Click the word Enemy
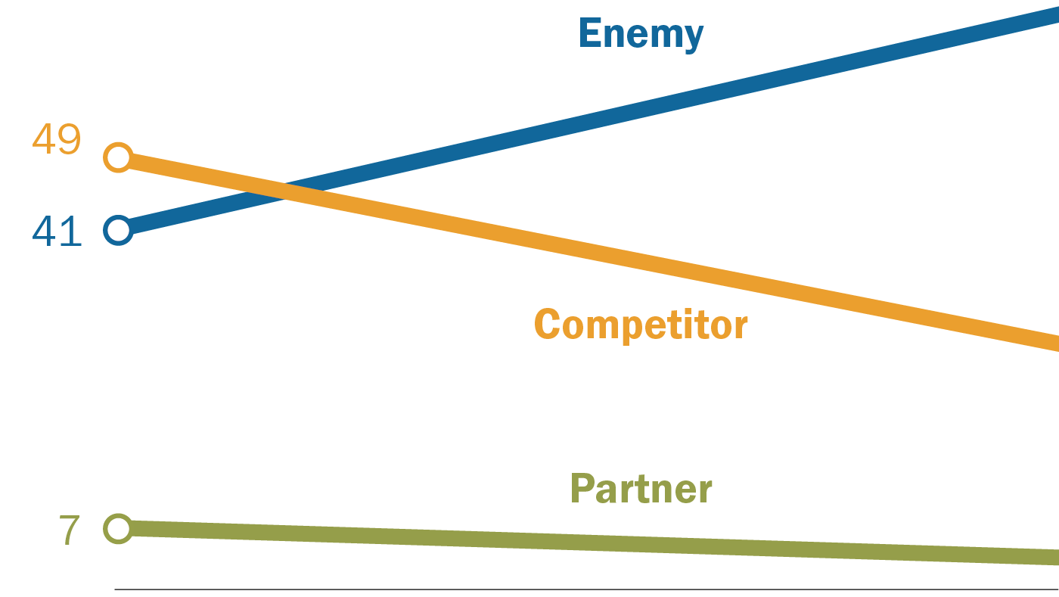641,34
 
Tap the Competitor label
641,325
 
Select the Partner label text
641,490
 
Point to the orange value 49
57,139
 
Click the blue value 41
57,232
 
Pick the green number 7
69,530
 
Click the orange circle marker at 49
119,157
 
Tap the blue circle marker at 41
119,229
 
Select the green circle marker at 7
119,528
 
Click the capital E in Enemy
591,33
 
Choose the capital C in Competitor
548,325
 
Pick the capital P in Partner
582,489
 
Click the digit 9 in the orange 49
69,139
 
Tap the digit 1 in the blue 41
70,232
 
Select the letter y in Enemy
692,38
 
